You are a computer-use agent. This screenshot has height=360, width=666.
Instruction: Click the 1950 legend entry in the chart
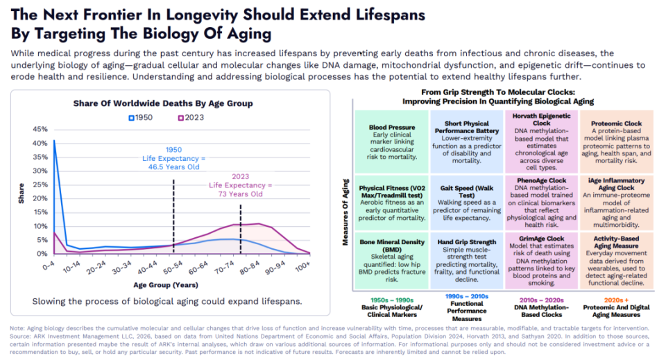click(142, 117)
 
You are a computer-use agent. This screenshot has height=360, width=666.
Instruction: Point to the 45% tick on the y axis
click(40, 129)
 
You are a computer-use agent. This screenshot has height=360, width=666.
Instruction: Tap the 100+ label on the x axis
click(302, 266)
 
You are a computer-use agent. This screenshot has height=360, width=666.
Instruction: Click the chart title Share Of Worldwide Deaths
click(163, 103)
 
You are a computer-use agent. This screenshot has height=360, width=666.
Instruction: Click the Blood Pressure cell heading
click(392, 128)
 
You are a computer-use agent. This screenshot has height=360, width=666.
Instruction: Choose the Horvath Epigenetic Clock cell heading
click(540, 119)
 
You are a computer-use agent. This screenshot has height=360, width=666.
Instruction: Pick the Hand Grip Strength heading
click(467, 242)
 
